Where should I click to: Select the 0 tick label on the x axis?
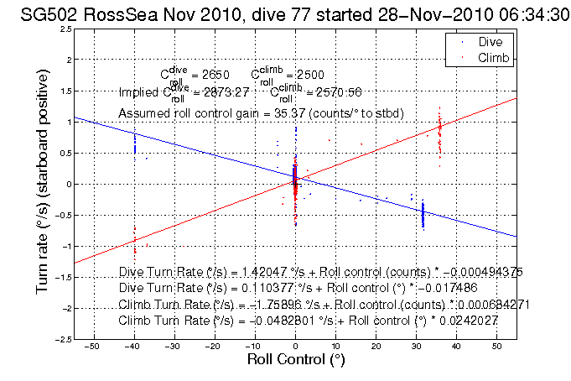click(x=295, y=346)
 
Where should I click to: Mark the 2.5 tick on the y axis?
click(x=65, y=29)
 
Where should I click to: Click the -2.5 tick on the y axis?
click(x=62, y=339)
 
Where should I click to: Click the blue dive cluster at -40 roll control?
click(x=134, y=144)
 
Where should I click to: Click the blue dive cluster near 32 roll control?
click(x=423, y=215)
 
